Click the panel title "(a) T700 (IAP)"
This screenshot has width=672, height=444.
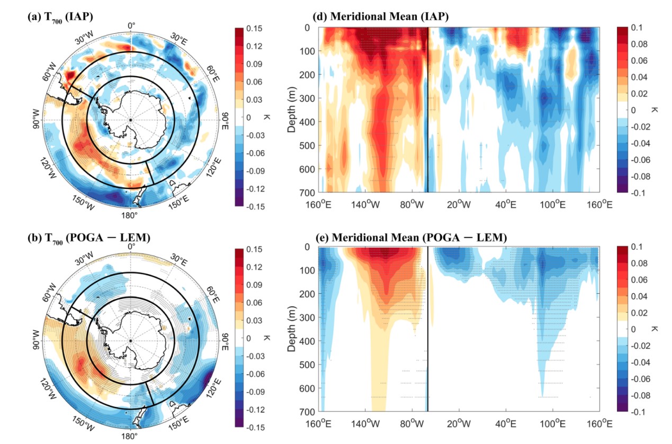(60, 16)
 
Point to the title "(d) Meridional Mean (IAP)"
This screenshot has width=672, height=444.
(389, 16)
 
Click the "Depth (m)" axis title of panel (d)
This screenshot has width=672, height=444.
(292, 110)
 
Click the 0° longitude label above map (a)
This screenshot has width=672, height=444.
(131, 25)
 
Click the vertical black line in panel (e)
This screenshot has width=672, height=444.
(427, 329)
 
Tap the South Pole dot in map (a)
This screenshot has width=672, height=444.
(131, 120)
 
